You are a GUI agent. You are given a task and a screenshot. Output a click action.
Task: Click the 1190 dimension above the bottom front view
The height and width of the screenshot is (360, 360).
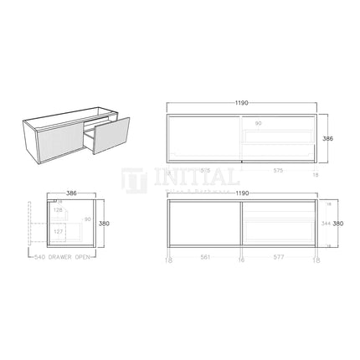tap(242, 192)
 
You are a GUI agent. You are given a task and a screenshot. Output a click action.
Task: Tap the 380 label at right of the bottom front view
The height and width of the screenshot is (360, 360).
tap(337, 224)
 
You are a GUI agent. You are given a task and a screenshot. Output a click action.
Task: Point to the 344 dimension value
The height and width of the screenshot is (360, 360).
tap(325, 224)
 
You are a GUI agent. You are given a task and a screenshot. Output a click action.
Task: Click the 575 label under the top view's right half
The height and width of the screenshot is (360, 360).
tap(278, 170)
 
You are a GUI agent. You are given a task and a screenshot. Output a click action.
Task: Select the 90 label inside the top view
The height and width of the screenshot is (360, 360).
tap(259, 124)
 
